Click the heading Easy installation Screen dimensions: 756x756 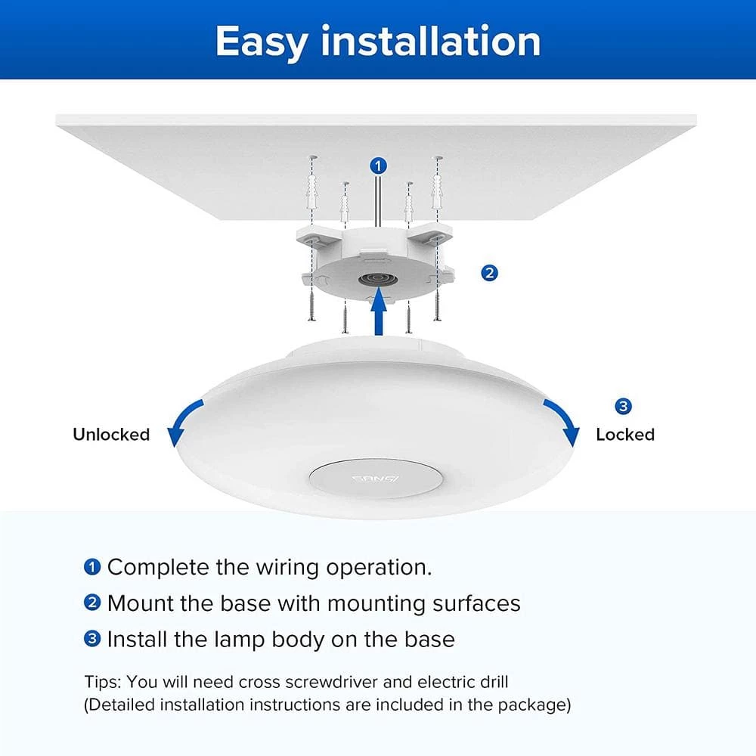click(x=378, y=42)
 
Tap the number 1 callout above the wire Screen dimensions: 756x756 click(x=379, y=166)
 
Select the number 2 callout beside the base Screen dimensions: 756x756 click(x=489, y=274)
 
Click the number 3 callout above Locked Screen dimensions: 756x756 click(x=623, y=406)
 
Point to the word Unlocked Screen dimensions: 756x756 click(x=111, y=435)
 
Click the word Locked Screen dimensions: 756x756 click(x=625, y=435)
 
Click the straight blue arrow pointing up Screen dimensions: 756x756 click(x=380, y=311)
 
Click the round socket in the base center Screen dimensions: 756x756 click(x=378, y=280)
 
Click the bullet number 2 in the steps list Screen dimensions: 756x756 click(x=92, y=603)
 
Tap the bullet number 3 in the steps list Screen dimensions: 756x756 click(x=92, y=640)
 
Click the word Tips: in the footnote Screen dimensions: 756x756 click(x=104, y=683)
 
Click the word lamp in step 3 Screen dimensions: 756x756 click(x=239, y=640)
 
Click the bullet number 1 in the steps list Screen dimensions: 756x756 click(x=92, y=567)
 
